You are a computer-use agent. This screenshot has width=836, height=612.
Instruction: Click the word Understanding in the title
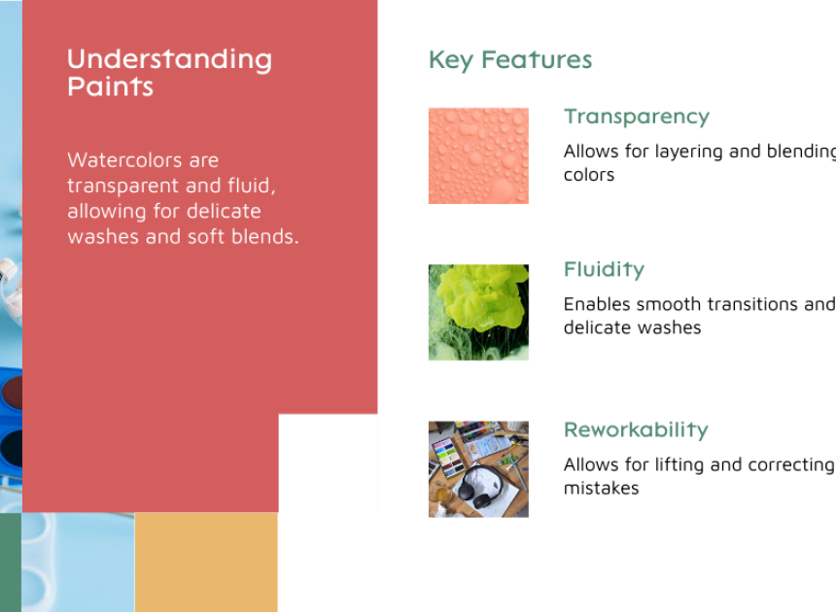169,59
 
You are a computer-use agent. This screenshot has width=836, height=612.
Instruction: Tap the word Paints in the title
111,86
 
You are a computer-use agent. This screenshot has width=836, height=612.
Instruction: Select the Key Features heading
510,60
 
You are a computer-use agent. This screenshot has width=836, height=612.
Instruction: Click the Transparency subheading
637,118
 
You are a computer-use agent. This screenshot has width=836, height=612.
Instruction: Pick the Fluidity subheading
604,269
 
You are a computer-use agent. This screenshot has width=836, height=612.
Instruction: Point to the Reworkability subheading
636,429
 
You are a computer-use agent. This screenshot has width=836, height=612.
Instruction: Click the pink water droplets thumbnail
479,155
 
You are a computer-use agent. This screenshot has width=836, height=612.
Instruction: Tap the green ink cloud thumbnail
479,312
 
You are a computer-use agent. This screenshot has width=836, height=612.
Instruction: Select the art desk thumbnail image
479,469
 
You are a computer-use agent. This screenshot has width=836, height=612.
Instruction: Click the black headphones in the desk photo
478,486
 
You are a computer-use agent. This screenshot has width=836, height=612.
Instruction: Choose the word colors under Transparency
589,175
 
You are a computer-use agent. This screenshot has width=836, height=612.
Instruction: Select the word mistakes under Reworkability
602,488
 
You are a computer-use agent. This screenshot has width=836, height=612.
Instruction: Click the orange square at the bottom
206,561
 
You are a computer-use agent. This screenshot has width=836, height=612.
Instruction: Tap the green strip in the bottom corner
11,561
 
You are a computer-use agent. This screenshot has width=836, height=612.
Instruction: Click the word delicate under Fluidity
595,327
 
